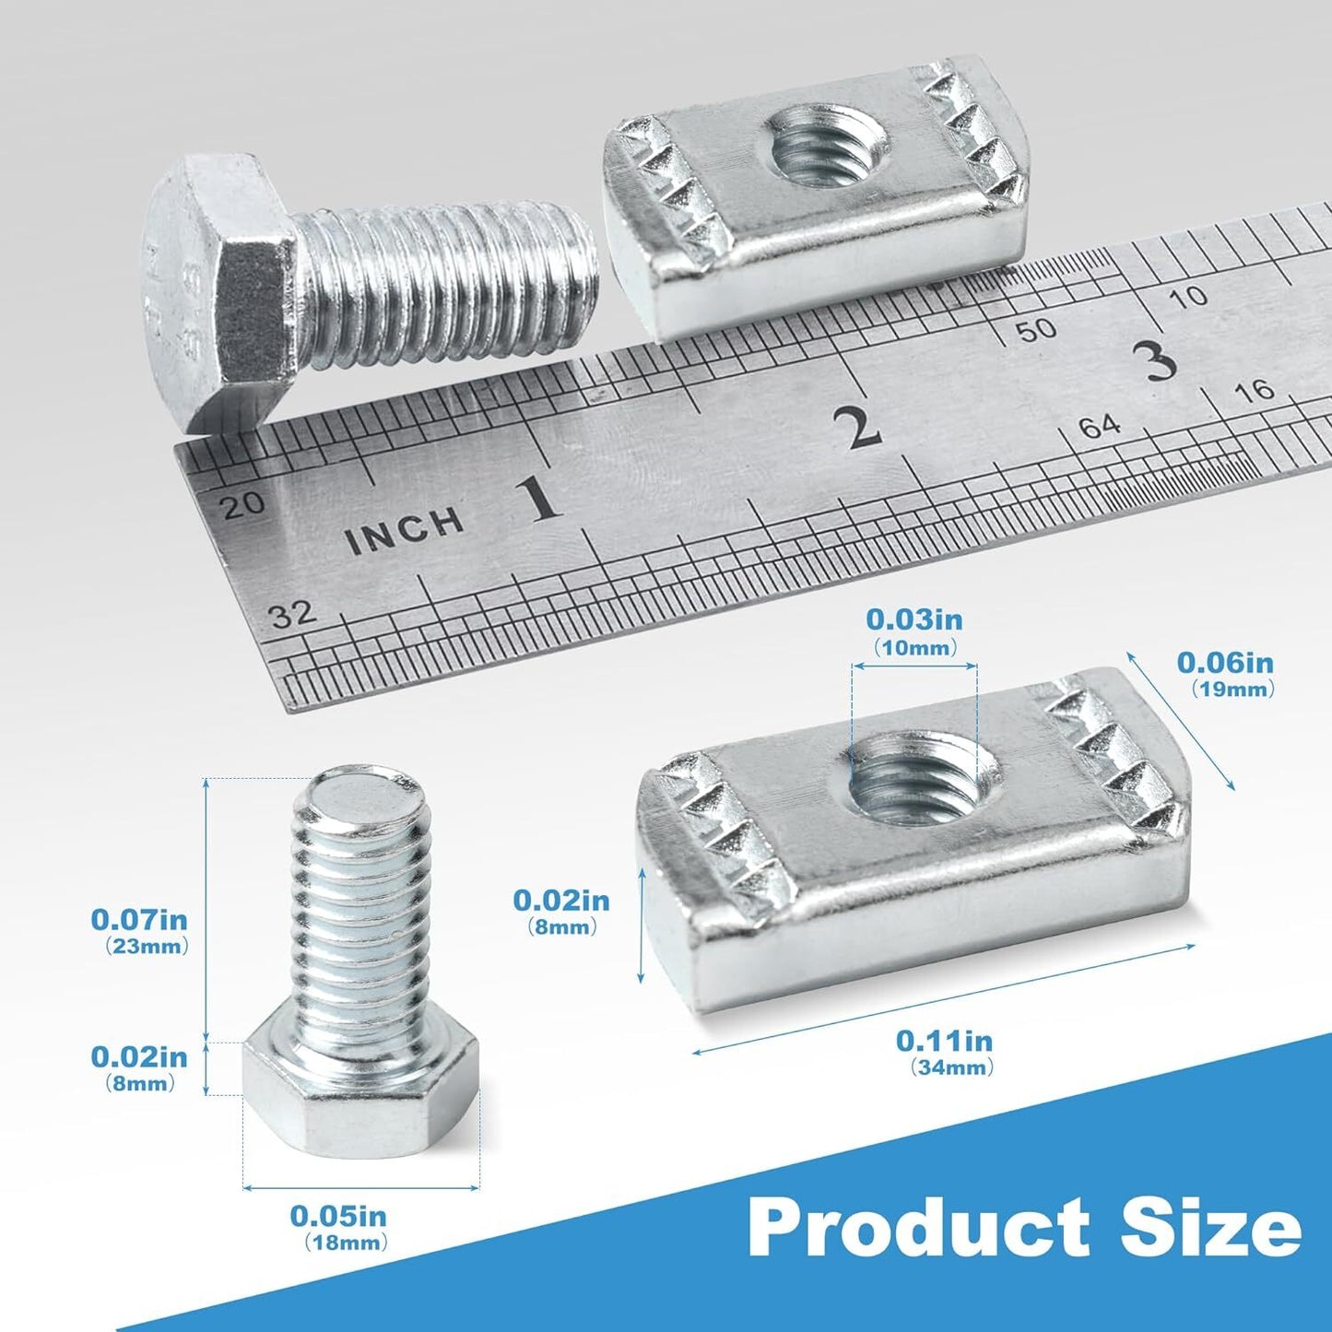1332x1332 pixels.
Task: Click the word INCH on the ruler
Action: point(405,531)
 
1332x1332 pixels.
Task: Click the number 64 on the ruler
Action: point(1100,427)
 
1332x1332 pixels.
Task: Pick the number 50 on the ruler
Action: point(1036,330)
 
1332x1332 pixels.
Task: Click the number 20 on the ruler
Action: point(244,504)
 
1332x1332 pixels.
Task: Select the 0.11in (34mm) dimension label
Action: point(944,1072)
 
